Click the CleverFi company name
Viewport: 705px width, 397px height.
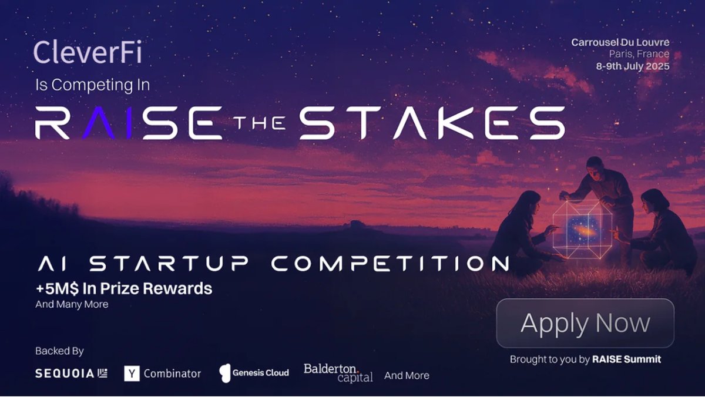click(x=88, y=52)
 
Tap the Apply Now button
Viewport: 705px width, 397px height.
click(x=585, y=324)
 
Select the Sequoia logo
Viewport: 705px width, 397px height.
click(x=71, y=374)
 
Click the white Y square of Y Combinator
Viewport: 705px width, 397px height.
click(x=132, y=374)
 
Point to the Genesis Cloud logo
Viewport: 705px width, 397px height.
click(x=254, y=372)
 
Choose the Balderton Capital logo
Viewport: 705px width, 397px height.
click(x=338, y=373)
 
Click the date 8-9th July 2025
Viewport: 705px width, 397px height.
click(x=633, y=66)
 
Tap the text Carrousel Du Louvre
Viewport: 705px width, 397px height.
click(x=620, y=42)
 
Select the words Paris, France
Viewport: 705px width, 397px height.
click(x=639, y=54)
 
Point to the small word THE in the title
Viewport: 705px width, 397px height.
click(x=259, y=123)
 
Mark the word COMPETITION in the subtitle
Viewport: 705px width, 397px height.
click(x=390, y=264)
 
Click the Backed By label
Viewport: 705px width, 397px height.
click(x=59, y=351)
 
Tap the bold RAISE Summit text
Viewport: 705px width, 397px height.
click(x=626, y=359)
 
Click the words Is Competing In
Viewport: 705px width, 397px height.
click(x=93, y=85)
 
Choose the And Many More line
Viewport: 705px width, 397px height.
click(x=72, y=304)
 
